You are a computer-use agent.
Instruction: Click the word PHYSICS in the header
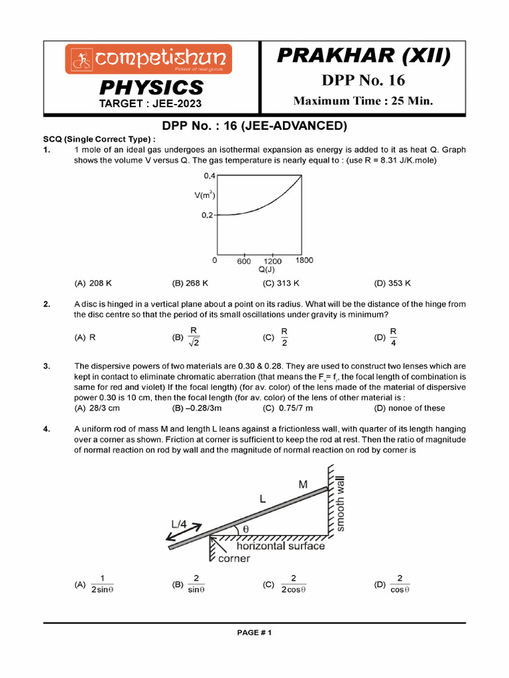click(151, 87)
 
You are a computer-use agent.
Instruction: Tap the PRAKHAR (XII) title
click(363, 56)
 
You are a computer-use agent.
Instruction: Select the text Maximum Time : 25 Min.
click(363, 101)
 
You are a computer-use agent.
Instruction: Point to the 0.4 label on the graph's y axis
click(209, 175)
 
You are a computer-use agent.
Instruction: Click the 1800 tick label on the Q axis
click(304, 260)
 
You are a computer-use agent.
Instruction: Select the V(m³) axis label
click(205, 195)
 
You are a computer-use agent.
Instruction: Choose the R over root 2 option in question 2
click(188, 336)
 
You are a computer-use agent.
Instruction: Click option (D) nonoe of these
click(409, 408)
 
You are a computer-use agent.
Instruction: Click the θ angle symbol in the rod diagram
click(244, 528)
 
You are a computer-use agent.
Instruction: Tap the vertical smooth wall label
click(341, 504)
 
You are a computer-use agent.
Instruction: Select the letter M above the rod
click(303, 485)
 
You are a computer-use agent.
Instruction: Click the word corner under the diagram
click(234, 558)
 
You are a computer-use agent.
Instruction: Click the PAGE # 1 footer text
click(254, 632)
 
